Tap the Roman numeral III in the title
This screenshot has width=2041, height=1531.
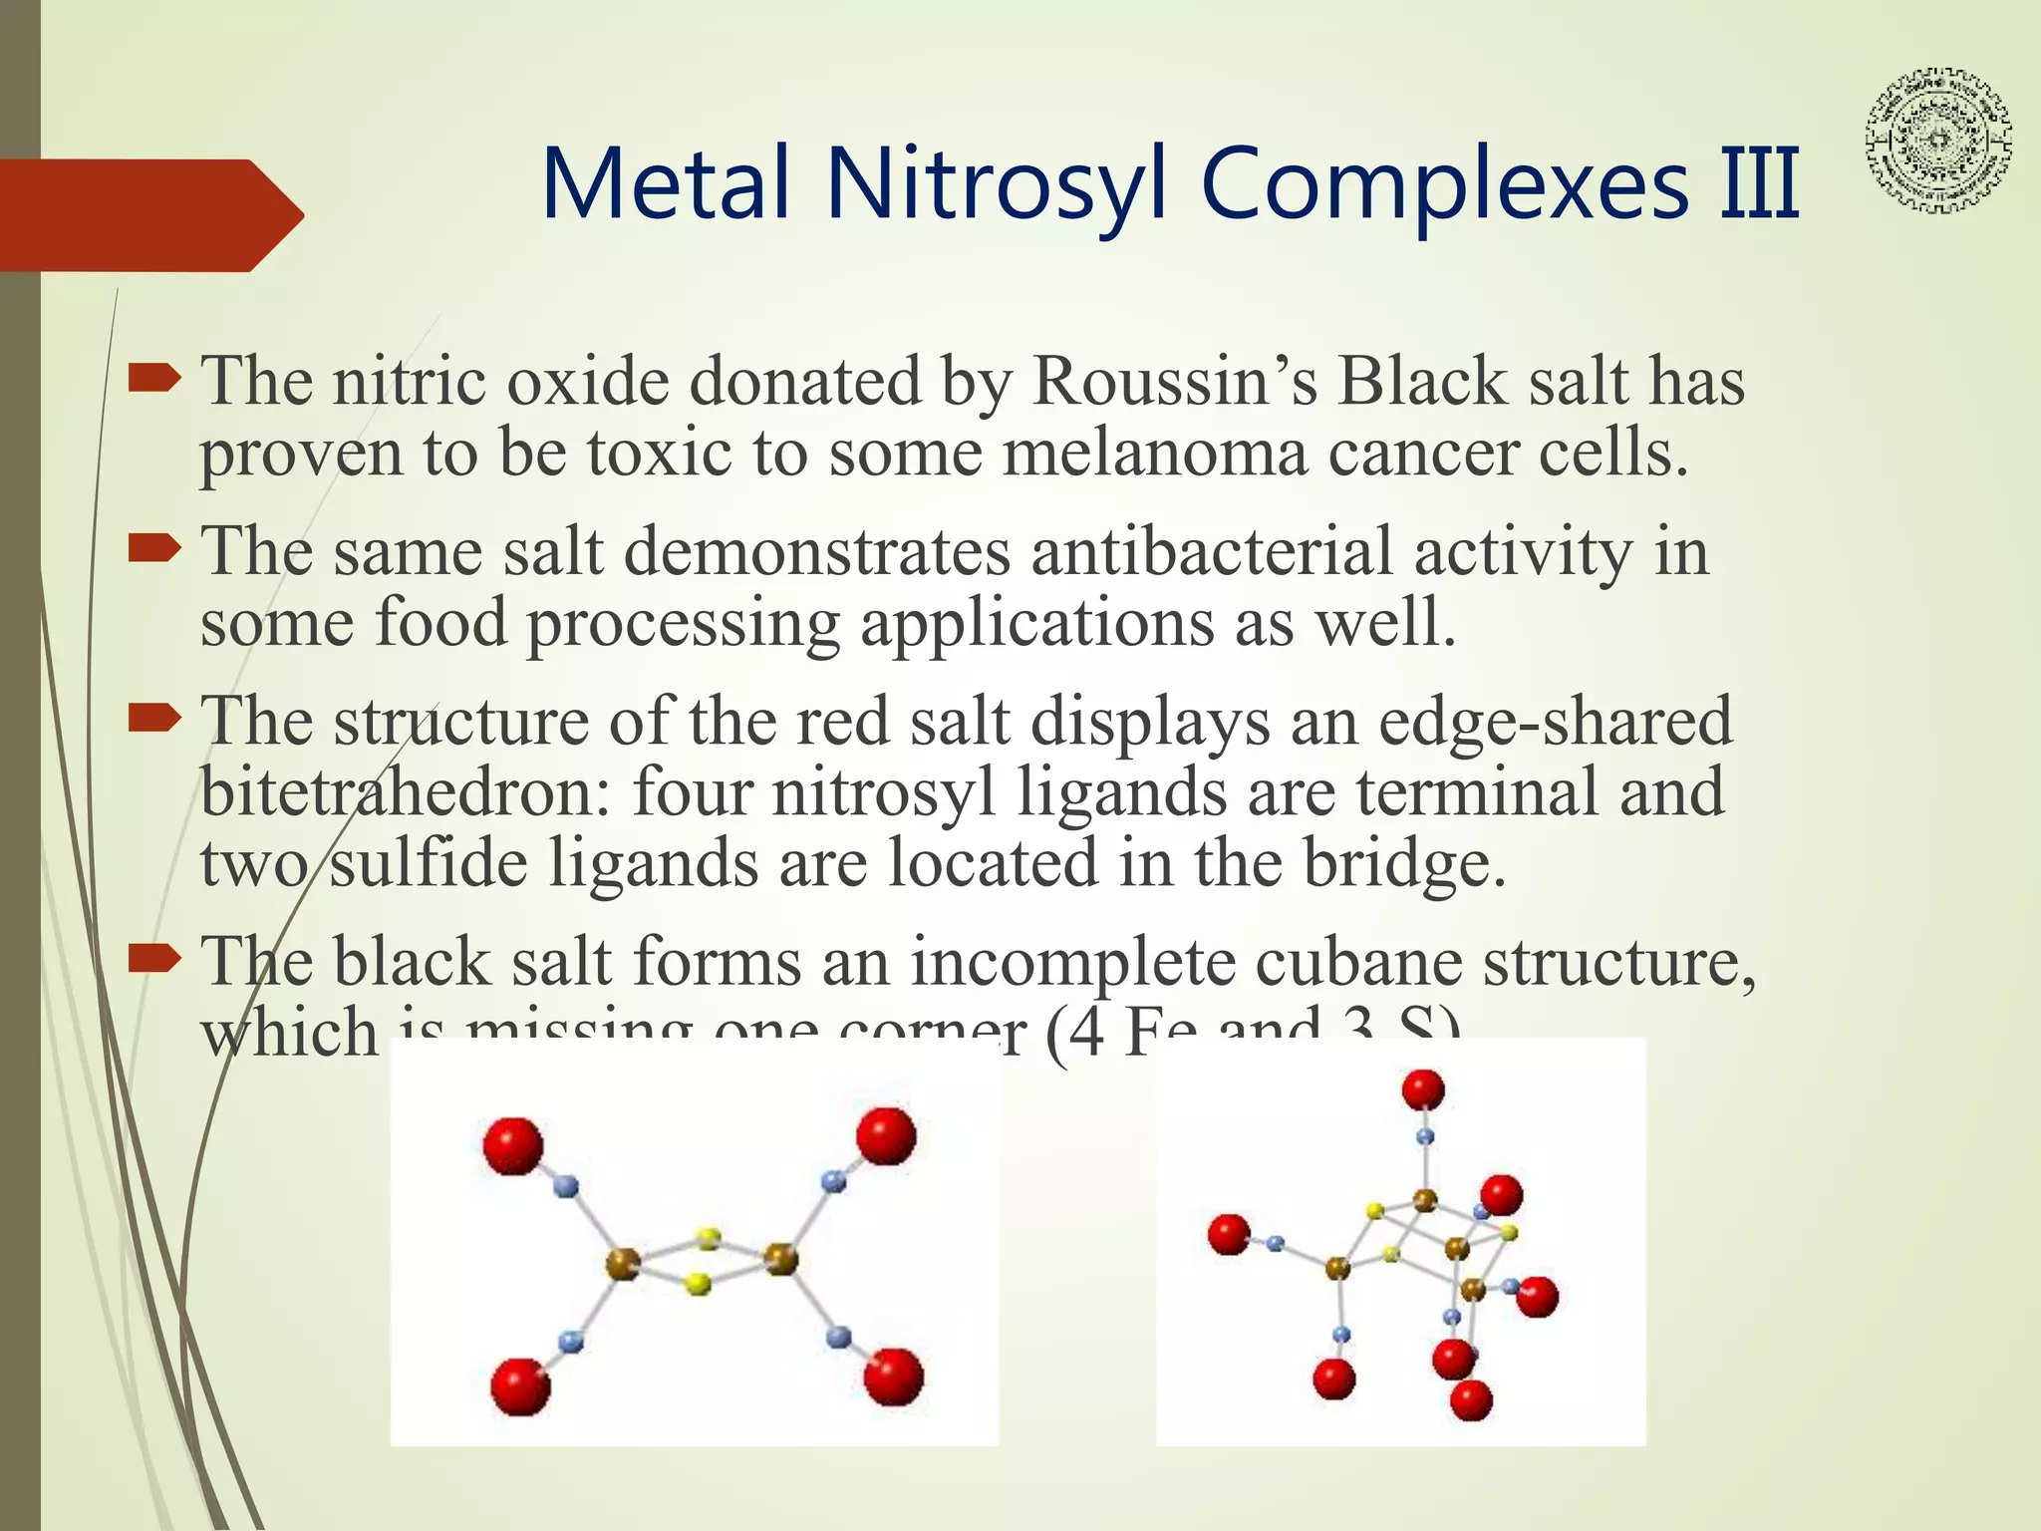click(x=1760, y=184)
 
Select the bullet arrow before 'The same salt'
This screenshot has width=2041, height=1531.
click(x=154, y=547)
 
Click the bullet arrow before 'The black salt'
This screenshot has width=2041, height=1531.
click(x=154, y=959)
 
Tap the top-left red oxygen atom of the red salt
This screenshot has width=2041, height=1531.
click(x=513, y=1145)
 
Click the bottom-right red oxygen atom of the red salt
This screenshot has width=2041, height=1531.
click(x=893, y=1377)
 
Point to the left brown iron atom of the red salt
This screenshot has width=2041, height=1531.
click(x=623, y=1265)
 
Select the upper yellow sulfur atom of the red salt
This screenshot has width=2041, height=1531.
click(x=709, y=1239)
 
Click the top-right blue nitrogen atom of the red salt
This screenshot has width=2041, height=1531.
click(x=834, y=1181)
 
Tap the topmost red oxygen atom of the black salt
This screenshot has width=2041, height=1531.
click(x=1423, y=1089)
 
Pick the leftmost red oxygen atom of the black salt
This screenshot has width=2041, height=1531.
click(x=1229, y=1234)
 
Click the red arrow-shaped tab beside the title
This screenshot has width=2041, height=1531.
click(x=149, y=214)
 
